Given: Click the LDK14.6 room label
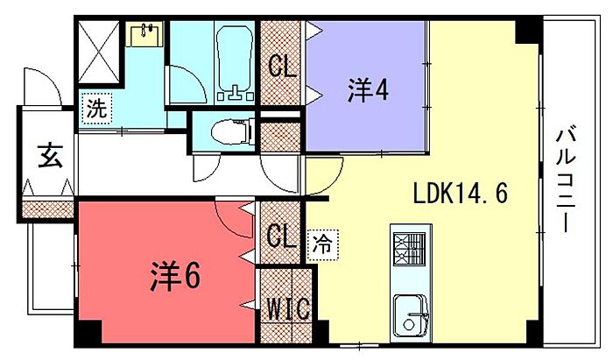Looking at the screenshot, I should [x=461, y=193].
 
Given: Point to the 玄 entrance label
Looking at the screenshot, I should [x=49, y=156].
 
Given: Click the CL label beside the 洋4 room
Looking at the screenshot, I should [x=281, y=66].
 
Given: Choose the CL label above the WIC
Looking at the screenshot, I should [x=280, y=236].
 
